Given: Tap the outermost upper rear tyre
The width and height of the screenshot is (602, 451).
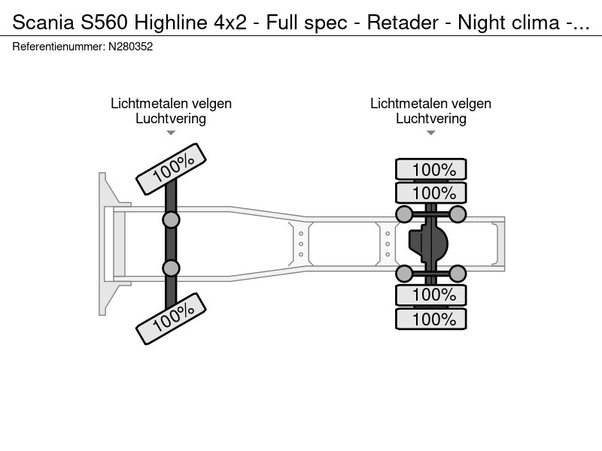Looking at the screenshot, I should click(431, 169).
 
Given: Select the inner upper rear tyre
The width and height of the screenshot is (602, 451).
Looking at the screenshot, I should click(431, 192).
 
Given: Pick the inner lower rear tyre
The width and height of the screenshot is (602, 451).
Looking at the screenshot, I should click(431, 295).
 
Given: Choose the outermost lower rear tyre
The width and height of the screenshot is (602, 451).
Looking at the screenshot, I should click(431, 319).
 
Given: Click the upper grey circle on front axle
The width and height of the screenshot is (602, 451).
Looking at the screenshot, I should click(172, 219).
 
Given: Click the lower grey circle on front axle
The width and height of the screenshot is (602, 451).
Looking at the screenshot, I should click(172, 268).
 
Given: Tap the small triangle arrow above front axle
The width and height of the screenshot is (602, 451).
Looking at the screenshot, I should click(171, 133).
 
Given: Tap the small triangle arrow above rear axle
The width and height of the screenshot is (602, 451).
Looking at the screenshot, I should click(430, 133).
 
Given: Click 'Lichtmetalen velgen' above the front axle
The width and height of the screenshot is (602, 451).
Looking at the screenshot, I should click(171, 104).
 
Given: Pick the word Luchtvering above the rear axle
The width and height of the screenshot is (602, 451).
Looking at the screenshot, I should click(430, 118).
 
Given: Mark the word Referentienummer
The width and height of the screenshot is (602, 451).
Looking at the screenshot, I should click(58, 47).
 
